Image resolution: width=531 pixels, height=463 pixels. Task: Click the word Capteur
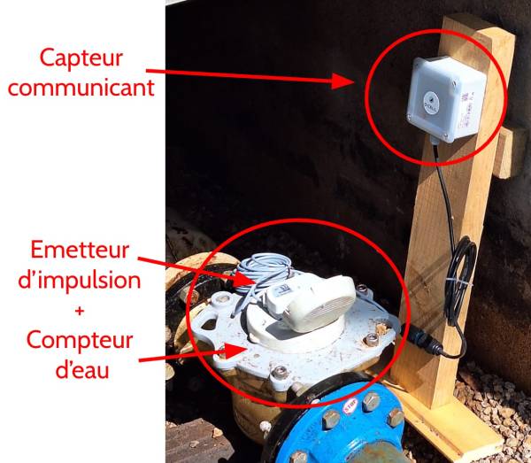click(81, 58)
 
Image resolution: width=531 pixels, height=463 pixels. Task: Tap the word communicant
click(81, 88)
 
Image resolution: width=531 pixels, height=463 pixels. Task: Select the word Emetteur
click(80, 250)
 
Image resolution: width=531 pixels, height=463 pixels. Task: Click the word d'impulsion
click(80, 280)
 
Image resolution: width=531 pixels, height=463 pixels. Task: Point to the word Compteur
click(80, 341)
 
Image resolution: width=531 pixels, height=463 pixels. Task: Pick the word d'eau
click(82, 369)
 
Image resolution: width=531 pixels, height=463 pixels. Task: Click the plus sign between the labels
click(80, 311)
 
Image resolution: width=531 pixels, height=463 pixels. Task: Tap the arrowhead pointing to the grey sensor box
click(342, 81)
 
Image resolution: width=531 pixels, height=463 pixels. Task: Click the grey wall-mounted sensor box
click(446, 99)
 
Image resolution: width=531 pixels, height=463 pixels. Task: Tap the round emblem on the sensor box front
click(431, 103)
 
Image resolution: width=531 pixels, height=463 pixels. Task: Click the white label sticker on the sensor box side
click(467, 111)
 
